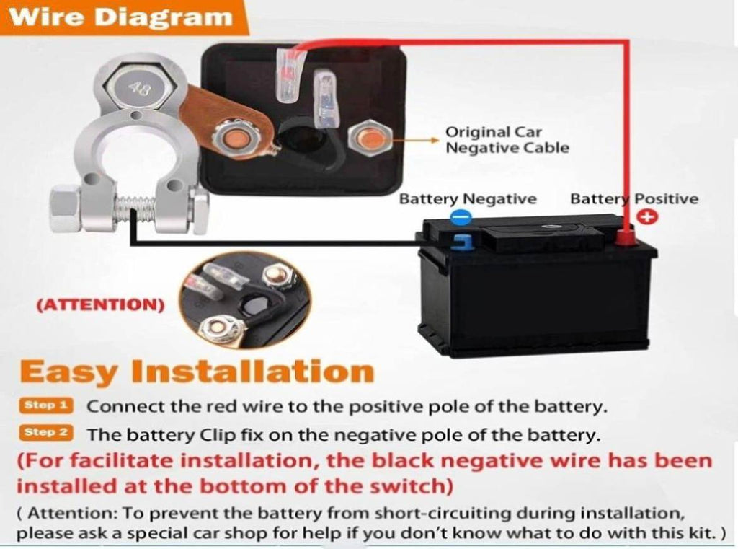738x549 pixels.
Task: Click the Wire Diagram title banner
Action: [123, 17]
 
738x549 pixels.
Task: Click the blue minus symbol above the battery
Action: [461, 218]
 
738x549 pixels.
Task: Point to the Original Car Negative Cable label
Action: [507, 140]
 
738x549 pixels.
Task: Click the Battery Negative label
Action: [468, 199]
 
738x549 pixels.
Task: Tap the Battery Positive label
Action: [634, 199]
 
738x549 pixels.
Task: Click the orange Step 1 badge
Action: [46, 405]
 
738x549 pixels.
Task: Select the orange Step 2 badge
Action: [46, 432]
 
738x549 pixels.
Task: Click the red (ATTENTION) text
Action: [101, 304]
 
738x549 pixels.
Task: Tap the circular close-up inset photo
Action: [245, 300]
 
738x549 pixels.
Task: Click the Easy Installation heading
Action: [197, 372]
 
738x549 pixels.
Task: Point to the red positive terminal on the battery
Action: [626, 238]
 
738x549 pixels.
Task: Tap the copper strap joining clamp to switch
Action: [221, 120]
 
